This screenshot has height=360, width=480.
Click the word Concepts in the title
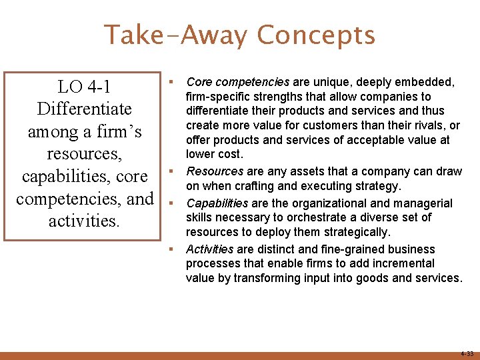[x=316, y=35]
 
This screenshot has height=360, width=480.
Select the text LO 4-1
[x=84, y=87]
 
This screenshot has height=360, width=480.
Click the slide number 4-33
[x=466, y=353]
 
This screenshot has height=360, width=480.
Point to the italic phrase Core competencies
[x=238, y=82]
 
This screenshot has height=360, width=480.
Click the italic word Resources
[x=214, y=171]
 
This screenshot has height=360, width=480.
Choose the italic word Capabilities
[x=217, y=203]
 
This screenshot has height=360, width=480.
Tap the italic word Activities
[x=209, y=249]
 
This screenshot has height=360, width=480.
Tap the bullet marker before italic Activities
[x=171, y=249]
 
